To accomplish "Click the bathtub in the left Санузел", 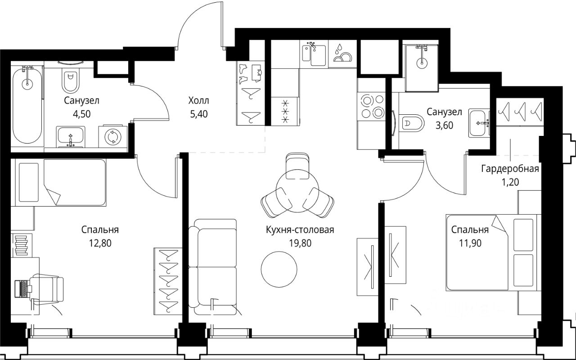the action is click(x=27, y=105).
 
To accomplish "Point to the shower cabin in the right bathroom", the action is click(x=422, y=68).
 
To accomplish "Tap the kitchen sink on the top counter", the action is click(x=314, y=54).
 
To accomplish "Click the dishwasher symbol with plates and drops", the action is click(x=342, y=54).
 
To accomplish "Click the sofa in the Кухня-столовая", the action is click(x=212, y=267).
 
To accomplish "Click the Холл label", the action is click(x=198, y=100).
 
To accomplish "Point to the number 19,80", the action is click(x=300, y=243).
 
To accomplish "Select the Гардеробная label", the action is click(x=510, y=169).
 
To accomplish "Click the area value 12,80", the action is click(x=100, y=243).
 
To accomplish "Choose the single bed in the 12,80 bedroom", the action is click(x=61, y=183).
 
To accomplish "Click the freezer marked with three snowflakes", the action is click(x=285, y=111).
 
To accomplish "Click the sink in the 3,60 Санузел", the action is click(x=479, y=123).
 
